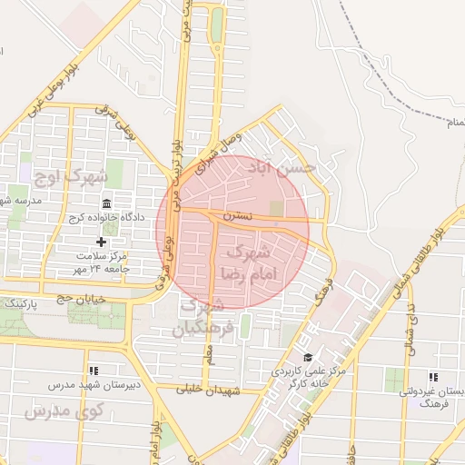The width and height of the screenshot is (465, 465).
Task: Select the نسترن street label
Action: point(239,218)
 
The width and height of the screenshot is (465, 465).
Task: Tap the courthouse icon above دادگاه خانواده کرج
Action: point(107,203)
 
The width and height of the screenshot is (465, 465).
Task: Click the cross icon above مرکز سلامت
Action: point(101,242)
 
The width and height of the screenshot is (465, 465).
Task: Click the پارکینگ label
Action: point(20,305)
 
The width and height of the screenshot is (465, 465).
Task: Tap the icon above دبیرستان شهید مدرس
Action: point(94,371)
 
